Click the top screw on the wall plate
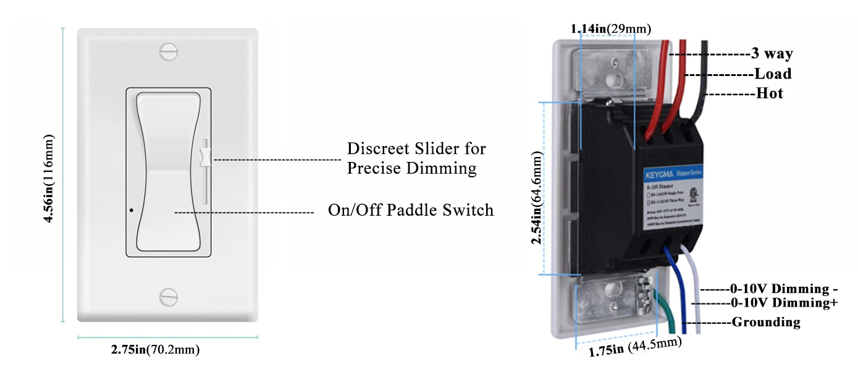(167, 51)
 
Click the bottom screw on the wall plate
(167, 296)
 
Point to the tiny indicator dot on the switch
(132, 210)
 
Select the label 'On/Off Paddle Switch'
(411, 210)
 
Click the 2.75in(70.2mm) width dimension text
(155, 350)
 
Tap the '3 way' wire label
(772, 54)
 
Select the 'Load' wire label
(773, 74)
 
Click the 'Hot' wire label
(770, 93)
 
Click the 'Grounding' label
(766, 322)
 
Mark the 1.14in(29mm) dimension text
(610, 28)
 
